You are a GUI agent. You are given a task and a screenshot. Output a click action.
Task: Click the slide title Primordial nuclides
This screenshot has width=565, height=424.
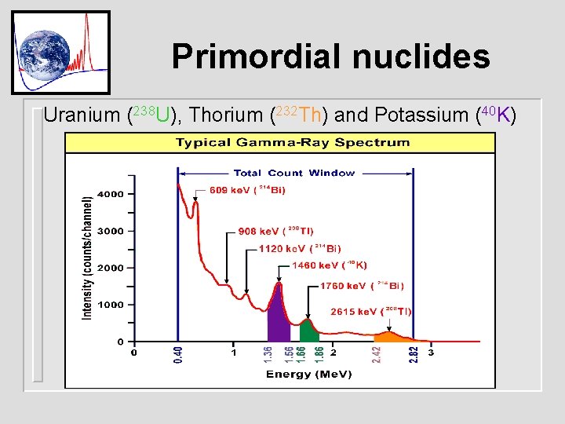[x=330, y=56]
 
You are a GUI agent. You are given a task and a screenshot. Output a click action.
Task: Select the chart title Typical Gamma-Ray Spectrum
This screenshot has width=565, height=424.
[x=292, y=142]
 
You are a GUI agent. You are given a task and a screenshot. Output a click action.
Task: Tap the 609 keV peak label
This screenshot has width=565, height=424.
[x=247, y=189]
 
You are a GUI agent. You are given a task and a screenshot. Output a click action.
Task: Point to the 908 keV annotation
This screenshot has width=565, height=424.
[x=275, y=231]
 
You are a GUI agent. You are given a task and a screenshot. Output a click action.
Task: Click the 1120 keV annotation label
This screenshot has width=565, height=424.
[x=300, y=248]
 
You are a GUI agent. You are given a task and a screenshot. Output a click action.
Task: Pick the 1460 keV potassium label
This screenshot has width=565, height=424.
[x=329, y=265]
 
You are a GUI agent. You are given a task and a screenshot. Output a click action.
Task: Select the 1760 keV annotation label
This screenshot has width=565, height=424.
[x=362, y=286]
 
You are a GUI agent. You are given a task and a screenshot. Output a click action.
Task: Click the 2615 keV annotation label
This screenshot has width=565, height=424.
[x=370, y=311]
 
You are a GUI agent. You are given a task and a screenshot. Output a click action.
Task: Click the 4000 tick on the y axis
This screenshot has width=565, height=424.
[x=109, y=194]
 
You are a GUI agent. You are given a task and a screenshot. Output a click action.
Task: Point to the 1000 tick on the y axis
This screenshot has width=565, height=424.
[x=109, y=305]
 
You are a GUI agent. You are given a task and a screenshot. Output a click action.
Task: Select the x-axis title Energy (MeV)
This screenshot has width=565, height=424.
[x=308, y=374]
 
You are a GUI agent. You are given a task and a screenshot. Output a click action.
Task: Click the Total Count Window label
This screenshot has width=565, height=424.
[x=293, y=173]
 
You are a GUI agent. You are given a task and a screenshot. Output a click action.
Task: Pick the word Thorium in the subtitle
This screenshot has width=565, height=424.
[x=226, y=115]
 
